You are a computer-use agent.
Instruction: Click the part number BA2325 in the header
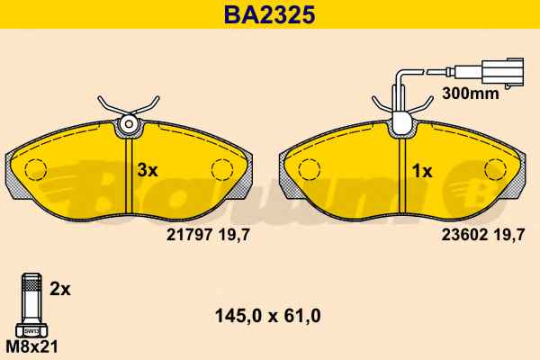(270, 14)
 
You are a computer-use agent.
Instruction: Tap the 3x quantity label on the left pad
(148, 170)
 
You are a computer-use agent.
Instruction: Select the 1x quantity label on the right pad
(422, 171)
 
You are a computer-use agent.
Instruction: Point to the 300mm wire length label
(471, 93)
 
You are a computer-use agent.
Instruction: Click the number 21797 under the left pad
(189, 235)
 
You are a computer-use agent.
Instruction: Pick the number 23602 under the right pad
(464, 235)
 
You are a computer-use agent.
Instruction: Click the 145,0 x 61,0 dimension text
(268, 316)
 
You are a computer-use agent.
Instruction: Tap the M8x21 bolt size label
(32, 346)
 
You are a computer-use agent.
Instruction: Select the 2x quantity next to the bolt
(60, 289)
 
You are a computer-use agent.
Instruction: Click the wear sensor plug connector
(503, 70)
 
